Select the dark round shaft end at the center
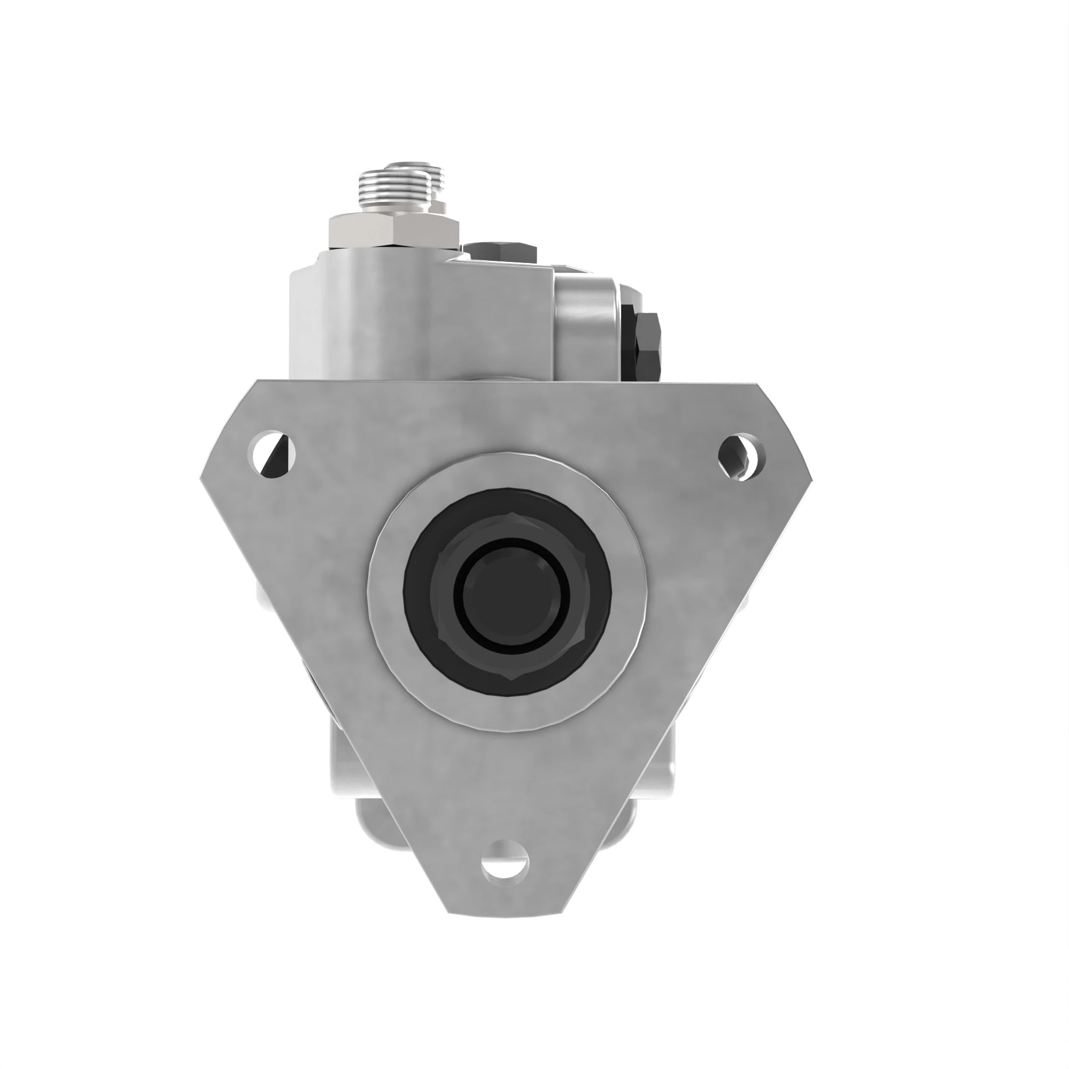pyautogui.click(x=512, y=592)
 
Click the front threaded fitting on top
pyautogui.click(x=393, y=190)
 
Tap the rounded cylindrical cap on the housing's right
pyautogui.click(x=586, y=330)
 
